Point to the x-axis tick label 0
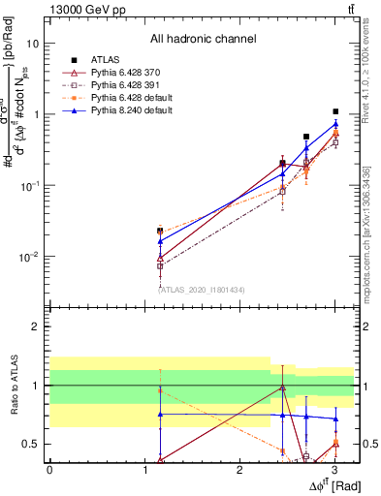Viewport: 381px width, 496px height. (49, 468)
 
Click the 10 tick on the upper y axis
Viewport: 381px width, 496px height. (32, 44)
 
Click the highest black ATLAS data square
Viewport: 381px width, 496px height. (334, 111)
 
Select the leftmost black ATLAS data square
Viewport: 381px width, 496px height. (160, 232)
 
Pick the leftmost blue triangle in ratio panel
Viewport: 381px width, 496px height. (160, 414)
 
